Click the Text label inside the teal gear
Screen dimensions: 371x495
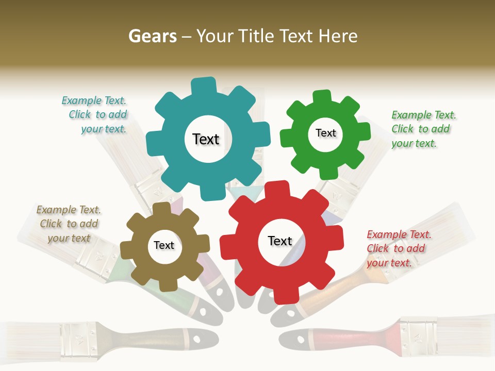point(206,139)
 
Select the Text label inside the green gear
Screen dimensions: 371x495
point(325,133)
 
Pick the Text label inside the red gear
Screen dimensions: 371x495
point(280,241)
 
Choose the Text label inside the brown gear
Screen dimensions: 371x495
point(164,245)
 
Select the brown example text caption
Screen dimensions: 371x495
point(69,224)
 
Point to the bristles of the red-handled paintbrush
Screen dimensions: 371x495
point(467,330)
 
